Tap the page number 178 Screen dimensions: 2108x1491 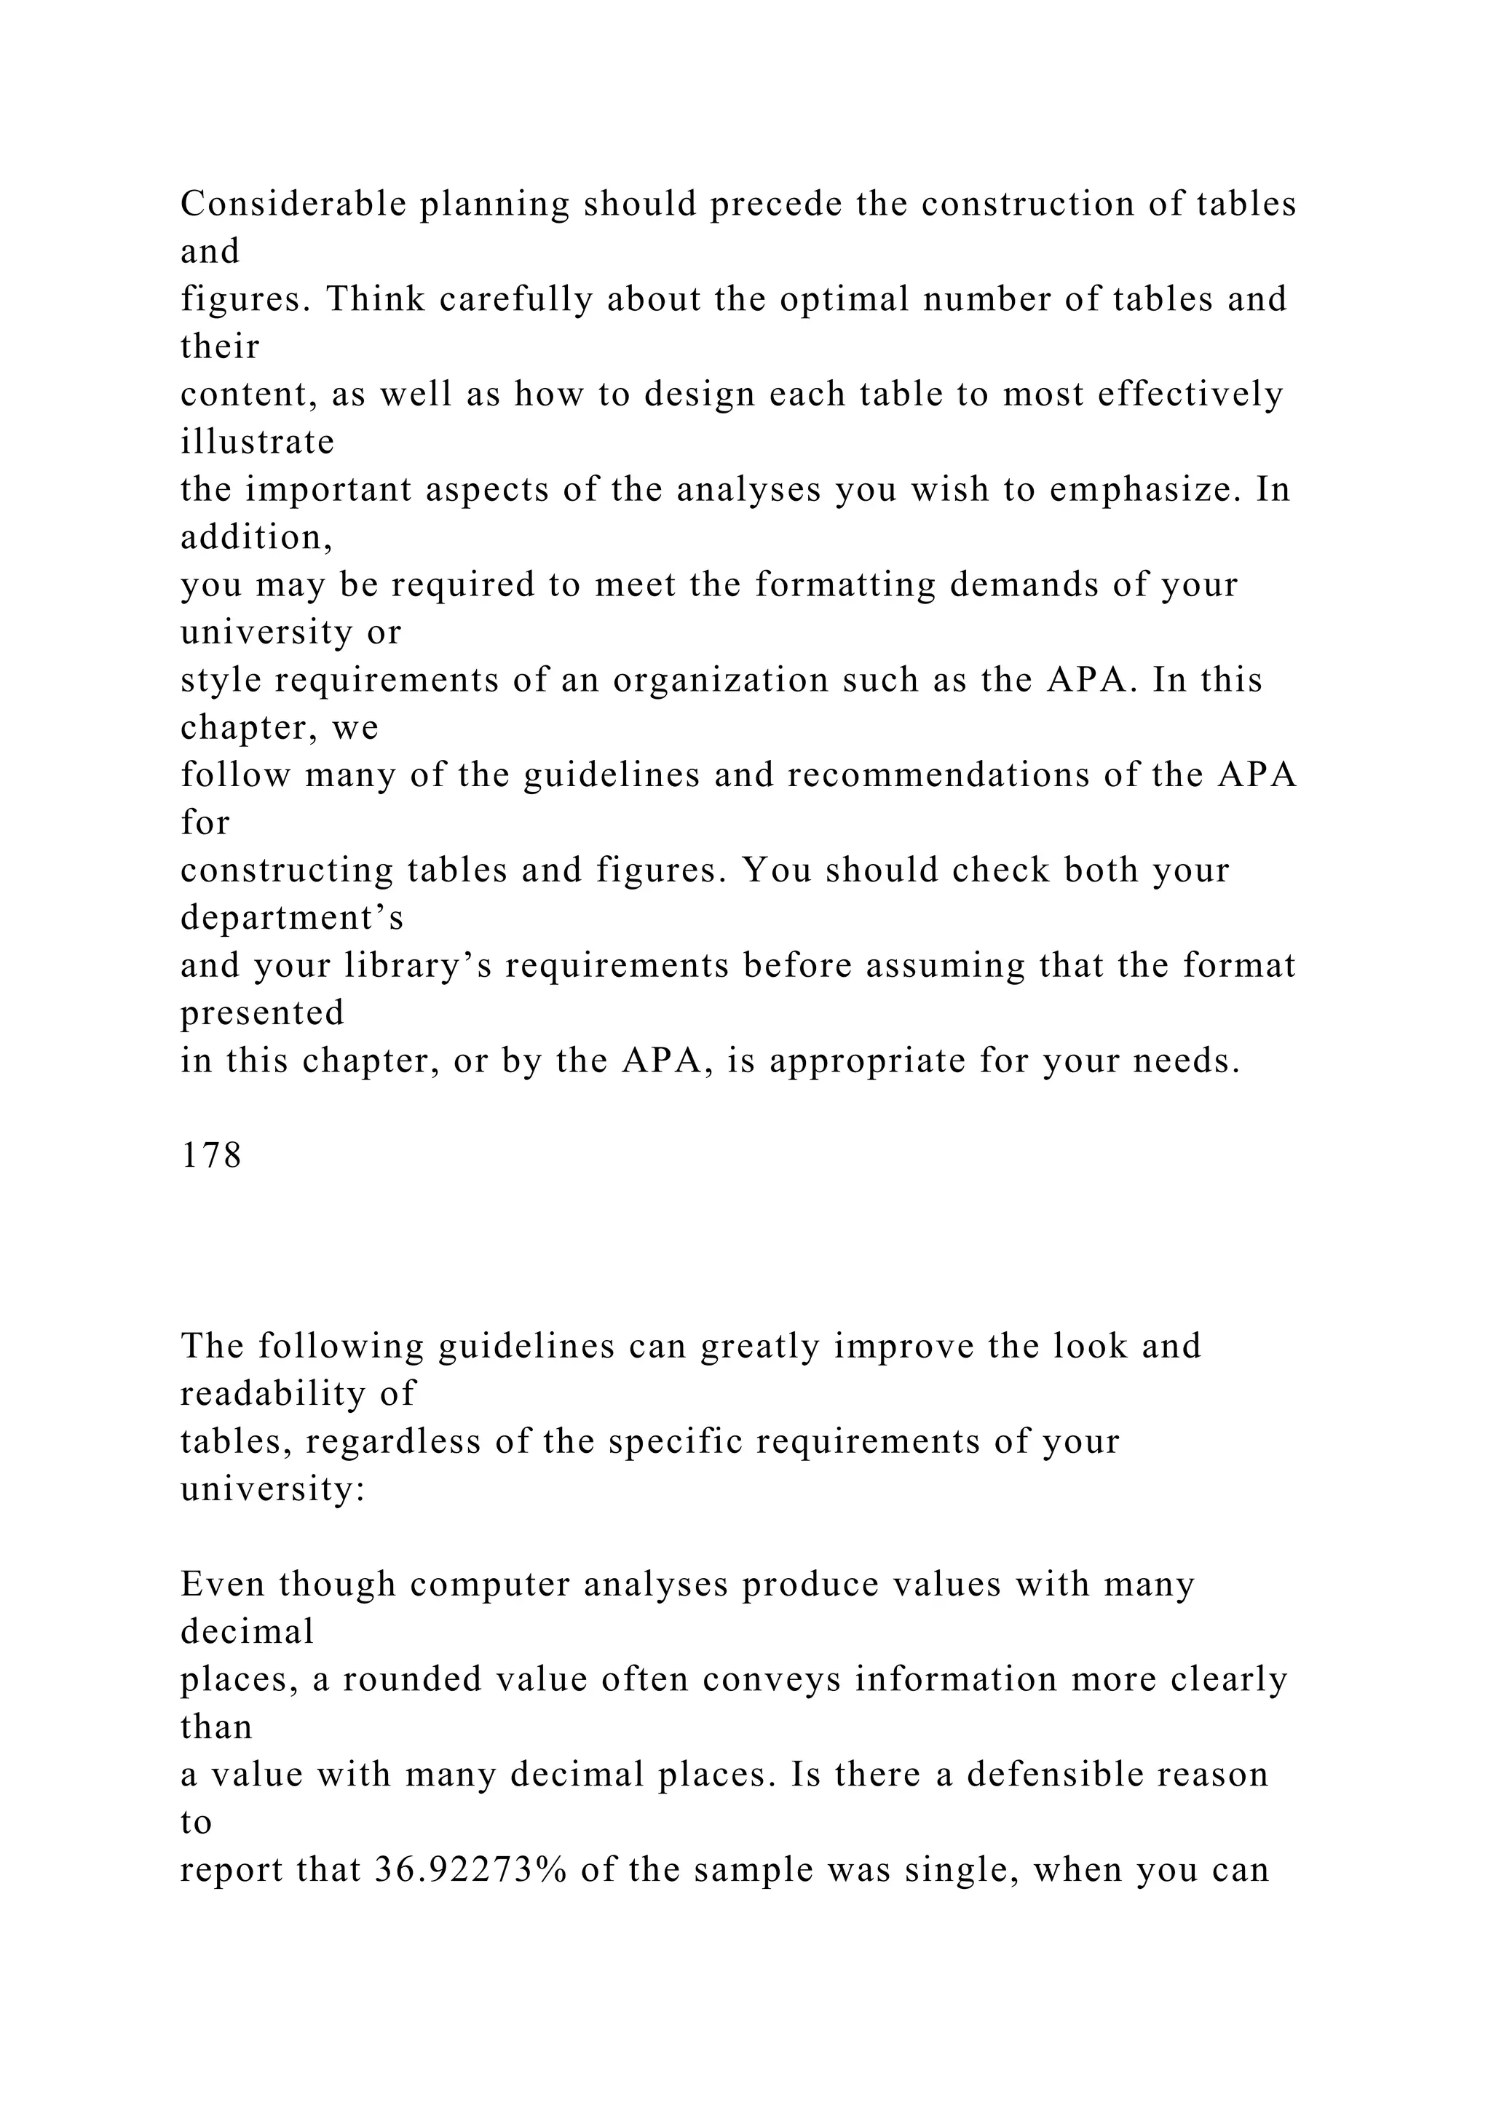[211, 1155]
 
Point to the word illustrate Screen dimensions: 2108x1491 [257, 442]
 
